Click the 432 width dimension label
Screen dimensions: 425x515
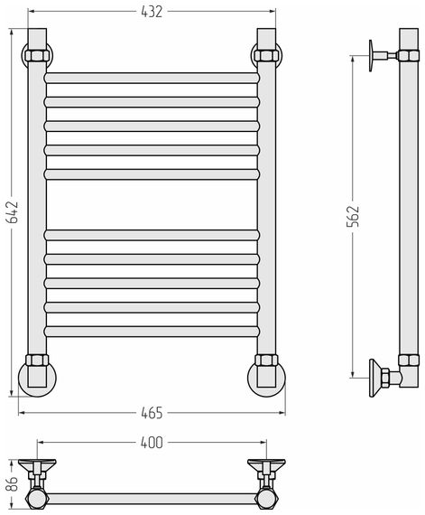point(152,12)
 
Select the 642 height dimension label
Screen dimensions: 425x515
point(14,212)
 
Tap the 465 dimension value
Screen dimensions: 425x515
point(152,413)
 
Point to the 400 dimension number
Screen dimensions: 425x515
point(152,443)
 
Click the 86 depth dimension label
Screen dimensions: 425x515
point(14,483)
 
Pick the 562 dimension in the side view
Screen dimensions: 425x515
point(353,216)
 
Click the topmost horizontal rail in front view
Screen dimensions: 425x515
point(152,78)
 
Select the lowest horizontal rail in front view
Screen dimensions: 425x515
point(152,332)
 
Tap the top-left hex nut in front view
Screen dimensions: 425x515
point(37,55)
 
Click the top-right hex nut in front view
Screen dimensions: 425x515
point(266,55)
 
